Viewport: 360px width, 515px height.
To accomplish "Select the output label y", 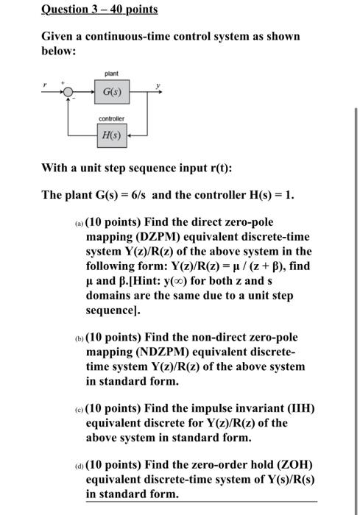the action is point(157,86).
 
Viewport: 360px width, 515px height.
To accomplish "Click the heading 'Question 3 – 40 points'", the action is point(89,10).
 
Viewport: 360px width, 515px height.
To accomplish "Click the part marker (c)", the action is point(80,410).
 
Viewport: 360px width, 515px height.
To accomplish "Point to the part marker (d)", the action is point(80,466).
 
